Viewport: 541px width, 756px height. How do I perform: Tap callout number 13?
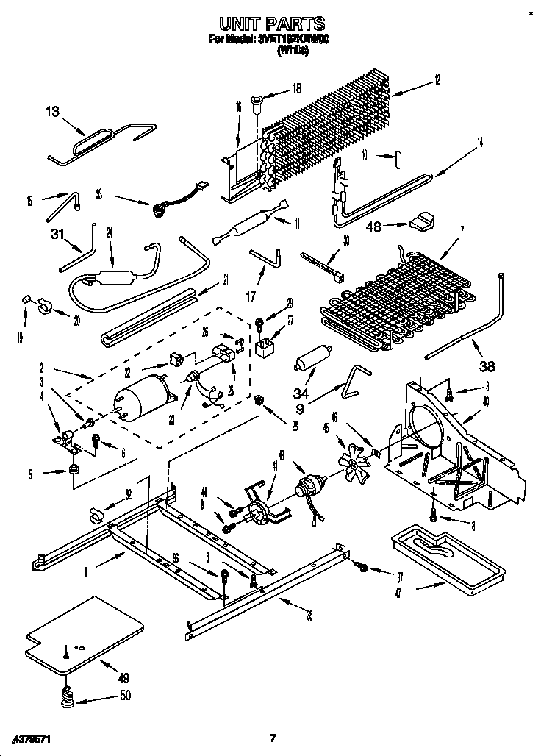[52, 111]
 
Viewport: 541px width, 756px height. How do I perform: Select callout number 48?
[373, 227]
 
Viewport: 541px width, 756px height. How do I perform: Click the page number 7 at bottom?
[272, 738]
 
